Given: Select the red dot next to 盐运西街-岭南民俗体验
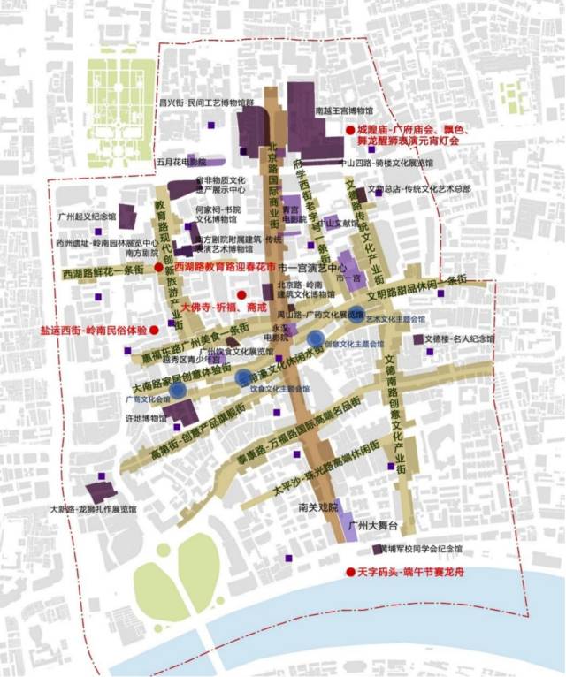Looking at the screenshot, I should [x=154, y=330].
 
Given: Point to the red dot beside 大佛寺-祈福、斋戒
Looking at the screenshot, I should [x=241, y=294].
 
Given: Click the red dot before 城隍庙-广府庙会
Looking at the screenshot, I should [x=350, y=130].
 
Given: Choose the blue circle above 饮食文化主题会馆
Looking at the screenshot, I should [x=243, y=378].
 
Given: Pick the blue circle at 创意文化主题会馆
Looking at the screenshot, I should [x=316, y=338].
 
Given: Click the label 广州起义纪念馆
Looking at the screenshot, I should [x=87, y=216].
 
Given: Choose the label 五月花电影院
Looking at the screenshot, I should [x=180, y=162].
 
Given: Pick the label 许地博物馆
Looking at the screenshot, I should [x=146, y=418].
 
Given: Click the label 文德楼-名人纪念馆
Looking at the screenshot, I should [x=460, y=338].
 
